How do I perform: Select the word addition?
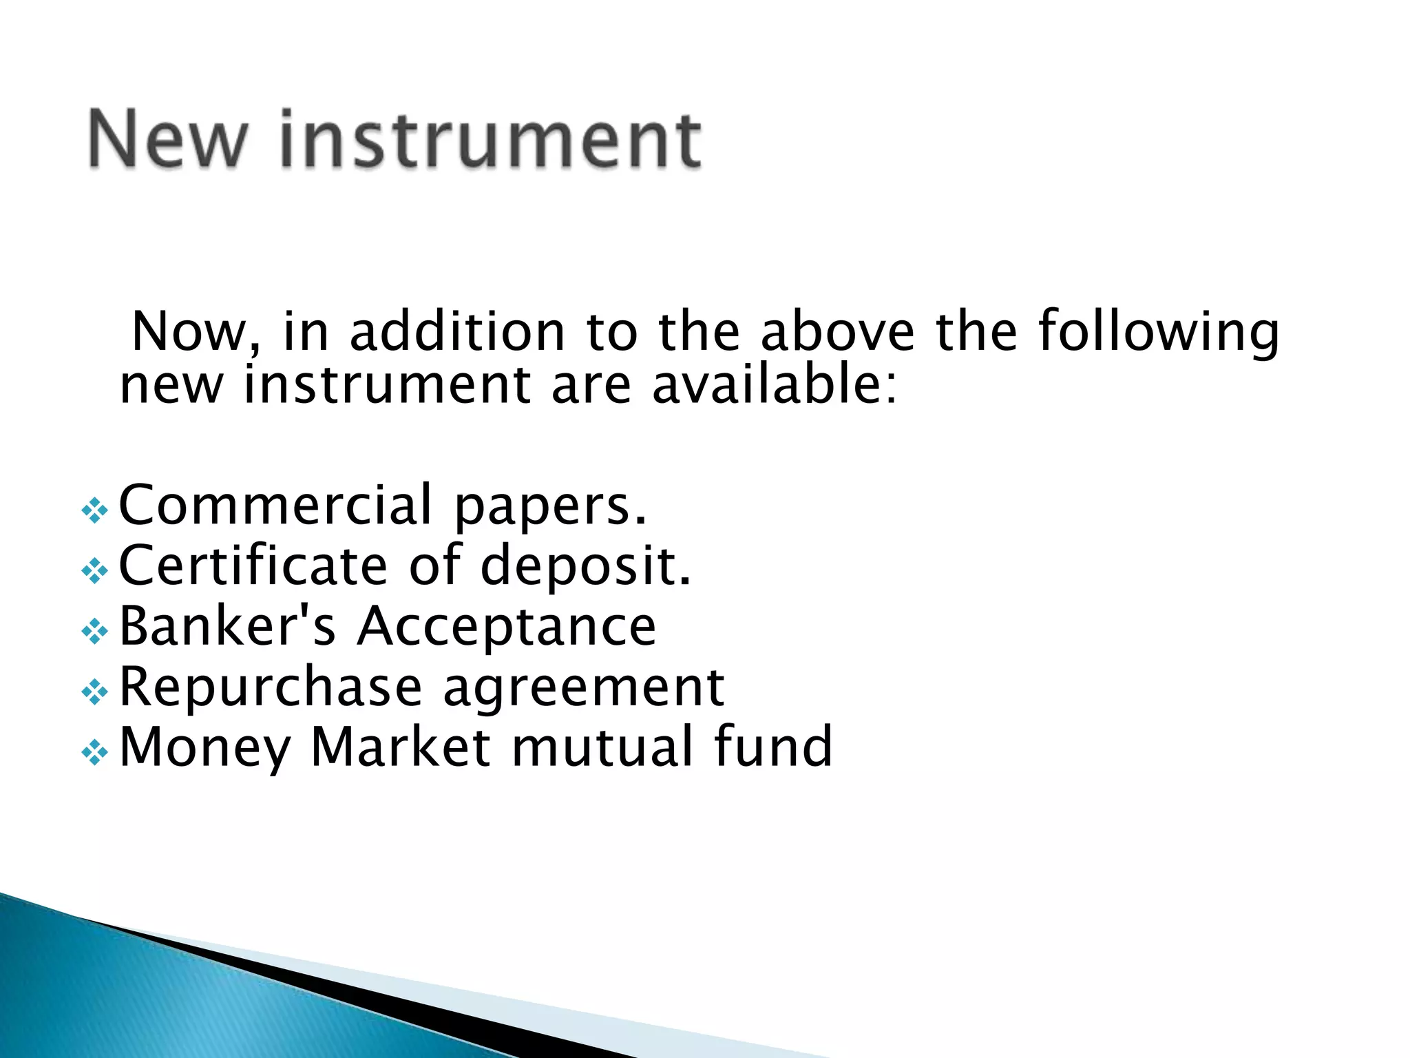457,332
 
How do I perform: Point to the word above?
837,332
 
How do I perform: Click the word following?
1158,333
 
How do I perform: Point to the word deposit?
585,567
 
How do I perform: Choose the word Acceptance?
507,627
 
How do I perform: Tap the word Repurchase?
270,687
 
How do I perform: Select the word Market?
401,747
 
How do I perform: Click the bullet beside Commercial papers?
94,511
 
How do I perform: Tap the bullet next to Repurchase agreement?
94,692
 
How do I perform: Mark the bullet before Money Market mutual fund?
94,753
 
